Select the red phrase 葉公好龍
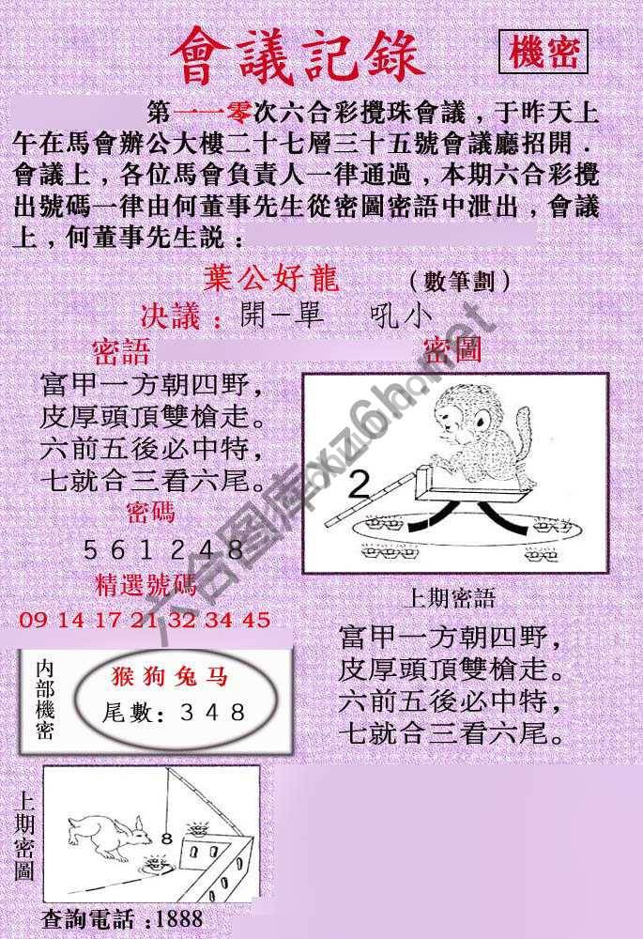[x=270, y=279]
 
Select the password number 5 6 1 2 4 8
[x=164, y=550]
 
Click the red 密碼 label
[x=149, y=513]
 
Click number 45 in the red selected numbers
[x=254, y=620]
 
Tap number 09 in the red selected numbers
[x=31, y=620]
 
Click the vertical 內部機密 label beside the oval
[x=43, y=700]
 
